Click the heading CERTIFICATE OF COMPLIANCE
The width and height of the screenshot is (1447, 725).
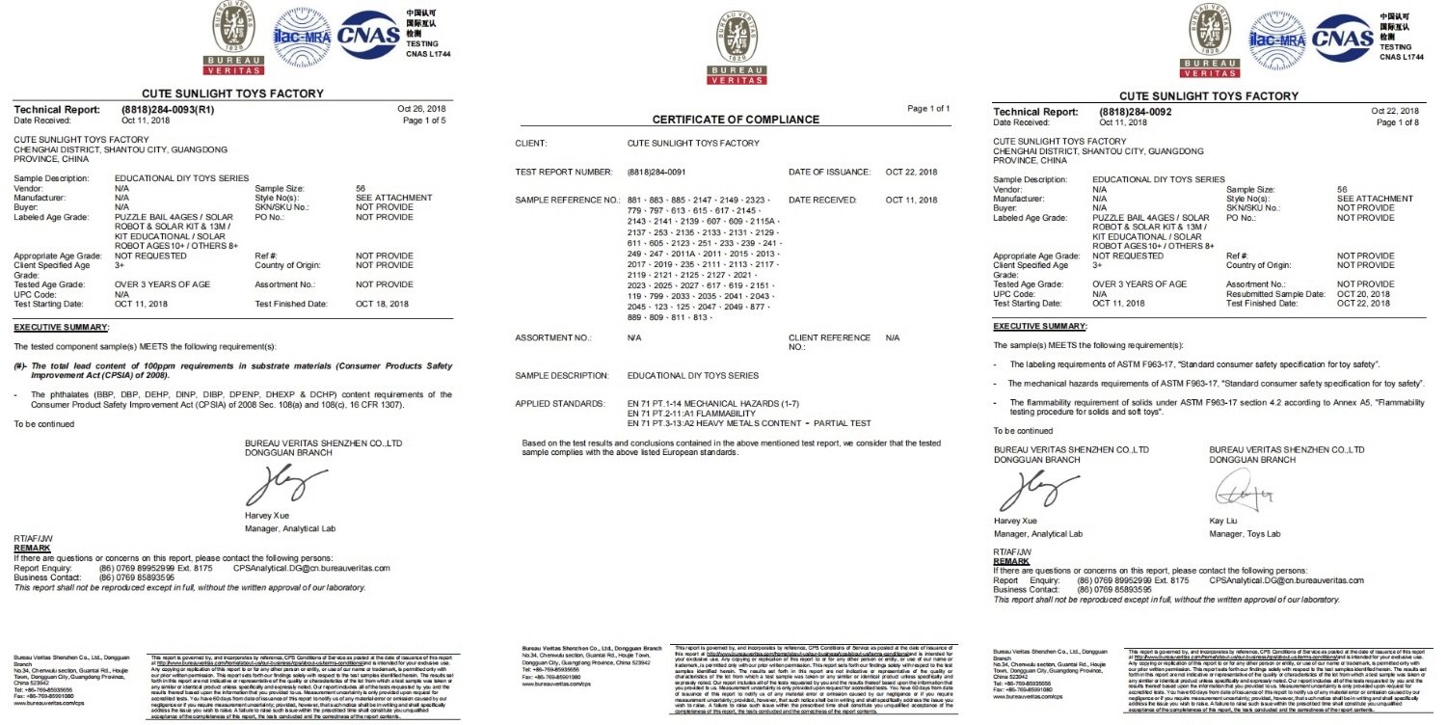(736, 120)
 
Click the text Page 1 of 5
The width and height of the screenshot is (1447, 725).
(424, 121)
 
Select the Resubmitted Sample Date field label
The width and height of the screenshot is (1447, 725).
(1273, 294)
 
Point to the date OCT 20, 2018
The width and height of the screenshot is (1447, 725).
(1363, 294)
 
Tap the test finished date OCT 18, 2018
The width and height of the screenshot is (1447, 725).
(383, 304)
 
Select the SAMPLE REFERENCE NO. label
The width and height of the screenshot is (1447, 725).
(566, 200)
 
